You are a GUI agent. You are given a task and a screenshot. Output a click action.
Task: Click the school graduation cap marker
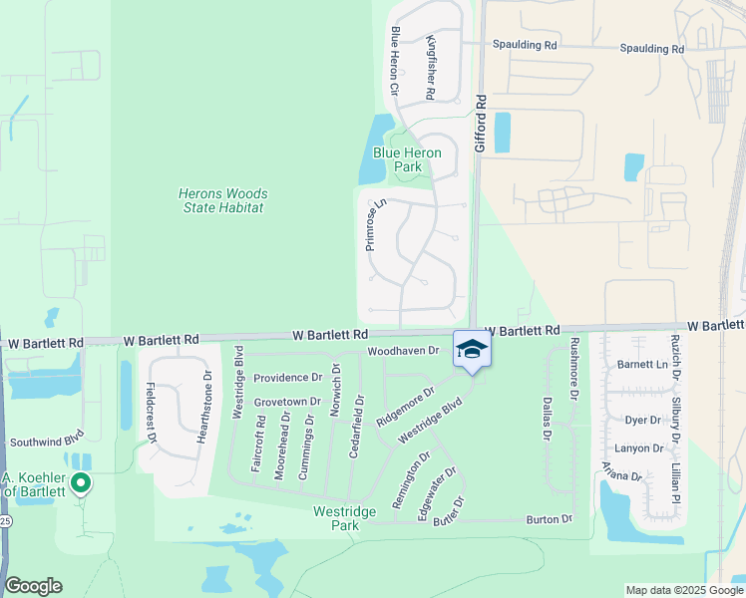[x=473, y=350]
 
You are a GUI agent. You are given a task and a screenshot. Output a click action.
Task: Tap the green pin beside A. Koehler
[x=82, y=485]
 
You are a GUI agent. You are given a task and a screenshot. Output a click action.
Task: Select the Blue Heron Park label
[x=410, y=159]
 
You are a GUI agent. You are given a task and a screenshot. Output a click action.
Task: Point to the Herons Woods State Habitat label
[x=220, y=200]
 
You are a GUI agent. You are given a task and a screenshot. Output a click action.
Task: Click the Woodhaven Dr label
[x=403, y=351]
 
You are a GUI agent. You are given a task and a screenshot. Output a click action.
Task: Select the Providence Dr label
[x=287, y=378]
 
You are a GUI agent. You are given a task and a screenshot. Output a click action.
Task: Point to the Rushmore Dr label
[x=573, y=368]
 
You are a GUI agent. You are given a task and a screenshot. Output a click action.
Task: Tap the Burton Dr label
[x=550, y=519]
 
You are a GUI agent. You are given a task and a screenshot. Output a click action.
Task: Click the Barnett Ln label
[x=640, y=365]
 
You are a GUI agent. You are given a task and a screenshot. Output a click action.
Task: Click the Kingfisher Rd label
[x=430, y=66]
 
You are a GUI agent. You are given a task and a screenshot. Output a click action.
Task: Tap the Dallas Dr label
[x=548, y=418]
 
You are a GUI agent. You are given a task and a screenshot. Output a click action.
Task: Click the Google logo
[x=33, y=586]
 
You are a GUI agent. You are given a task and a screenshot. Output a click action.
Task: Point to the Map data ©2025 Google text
[x=683, y=590]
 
